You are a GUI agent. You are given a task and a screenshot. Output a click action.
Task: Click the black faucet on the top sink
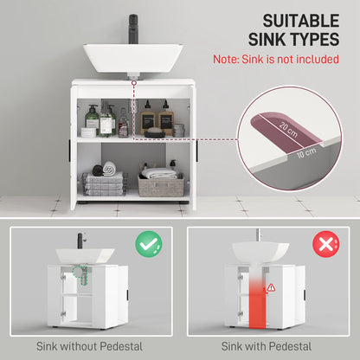pyautogui.click(x=133, y=25)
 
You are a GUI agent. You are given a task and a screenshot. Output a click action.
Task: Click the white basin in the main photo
pyautogui.click(x=132, y=58)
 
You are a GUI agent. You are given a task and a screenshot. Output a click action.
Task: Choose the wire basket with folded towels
pyautogui.click(x=103, y=183)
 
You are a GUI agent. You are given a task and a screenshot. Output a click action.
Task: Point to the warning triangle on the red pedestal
pyautogui.click(x=271, y=286)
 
